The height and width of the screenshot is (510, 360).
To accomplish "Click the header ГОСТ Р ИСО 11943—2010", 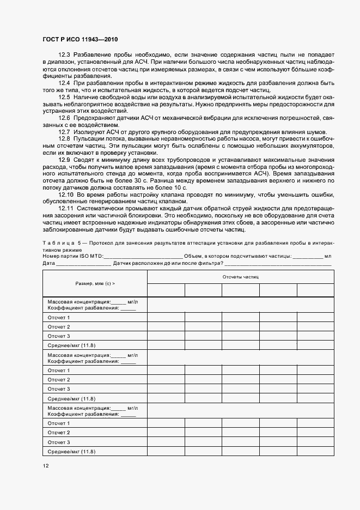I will [81, 40].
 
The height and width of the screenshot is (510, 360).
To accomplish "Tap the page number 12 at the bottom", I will [46, 466].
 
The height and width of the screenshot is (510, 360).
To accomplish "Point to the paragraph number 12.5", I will [64, 96].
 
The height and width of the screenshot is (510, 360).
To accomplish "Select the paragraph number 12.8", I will [64, 139].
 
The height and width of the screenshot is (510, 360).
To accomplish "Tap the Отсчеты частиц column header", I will [240, 277].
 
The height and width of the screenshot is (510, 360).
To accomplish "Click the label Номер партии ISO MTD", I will [72, 256].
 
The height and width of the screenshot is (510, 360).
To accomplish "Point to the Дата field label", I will [48, 263].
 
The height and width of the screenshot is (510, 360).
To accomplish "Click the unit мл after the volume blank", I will [328, 256].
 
